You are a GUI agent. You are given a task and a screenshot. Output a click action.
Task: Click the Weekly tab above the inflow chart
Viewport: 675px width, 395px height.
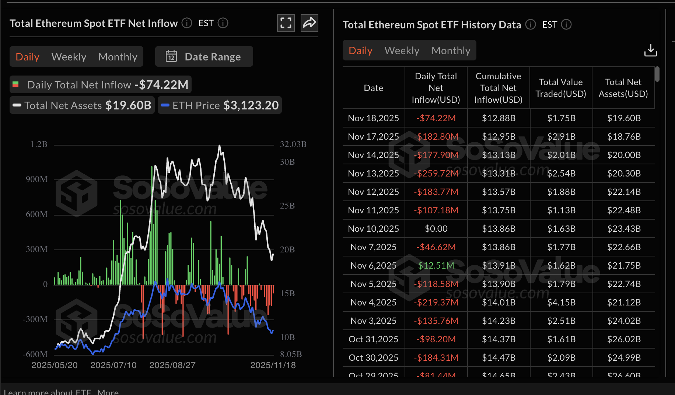coord(69,57)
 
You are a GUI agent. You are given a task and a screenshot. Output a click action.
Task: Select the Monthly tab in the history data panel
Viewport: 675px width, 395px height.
coord(451,50)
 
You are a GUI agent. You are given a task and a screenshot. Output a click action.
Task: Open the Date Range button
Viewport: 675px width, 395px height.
coord(204,57)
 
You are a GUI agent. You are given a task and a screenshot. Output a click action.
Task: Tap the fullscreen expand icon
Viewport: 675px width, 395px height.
coord(286,23)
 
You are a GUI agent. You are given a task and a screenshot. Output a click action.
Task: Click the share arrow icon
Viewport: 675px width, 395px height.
coord(309,23)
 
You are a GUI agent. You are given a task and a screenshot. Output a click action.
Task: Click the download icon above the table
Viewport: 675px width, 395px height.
coord(650,50)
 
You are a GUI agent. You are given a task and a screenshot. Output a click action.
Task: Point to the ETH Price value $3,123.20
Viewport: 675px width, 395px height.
coord(251,105)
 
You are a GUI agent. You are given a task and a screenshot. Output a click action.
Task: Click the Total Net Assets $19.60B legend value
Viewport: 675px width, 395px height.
coord(128,105)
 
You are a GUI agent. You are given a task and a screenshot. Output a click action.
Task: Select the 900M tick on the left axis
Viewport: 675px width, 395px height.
coord(36,179)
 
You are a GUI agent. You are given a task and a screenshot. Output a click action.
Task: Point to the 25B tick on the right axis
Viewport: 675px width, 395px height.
coord(287,206)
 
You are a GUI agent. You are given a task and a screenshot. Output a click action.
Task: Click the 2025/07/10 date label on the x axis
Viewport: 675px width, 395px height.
coord(113,365)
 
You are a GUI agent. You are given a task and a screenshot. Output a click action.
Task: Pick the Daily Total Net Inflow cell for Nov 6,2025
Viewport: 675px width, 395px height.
coord(436,265)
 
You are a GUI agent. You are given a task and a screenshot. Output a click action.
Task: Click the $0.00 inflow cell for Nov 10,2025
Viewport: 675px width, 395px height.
coord(436,228)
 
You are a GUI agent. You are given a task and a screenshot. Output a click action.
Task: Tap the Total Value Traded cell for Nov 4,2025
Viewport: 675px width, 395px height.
coord(561,302)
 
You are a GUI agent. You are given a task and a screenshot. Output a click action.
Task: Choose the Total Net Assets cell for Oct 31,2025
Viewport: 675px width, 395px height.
coord(624,339)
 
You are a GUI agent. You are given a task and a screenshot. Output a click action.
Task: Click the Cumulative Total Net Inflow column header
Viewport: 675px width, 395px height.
coord(498,88)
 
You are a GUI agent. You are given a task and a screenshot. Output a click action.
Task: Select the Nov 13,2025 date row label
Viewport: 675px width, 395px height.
coord(373,173)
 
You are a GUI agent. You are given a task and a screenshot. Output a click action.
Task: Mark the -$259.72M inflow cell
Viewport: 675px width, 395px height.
coord(436,173)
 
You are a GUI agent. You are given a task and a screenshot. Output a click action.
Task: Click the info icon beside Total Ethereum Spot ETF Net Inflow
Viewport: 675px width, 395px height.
coord(187,23)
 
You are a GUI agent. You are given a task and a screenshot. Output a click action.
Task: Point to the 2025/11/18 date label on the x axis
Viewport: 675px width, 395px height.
coord(273,365)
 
